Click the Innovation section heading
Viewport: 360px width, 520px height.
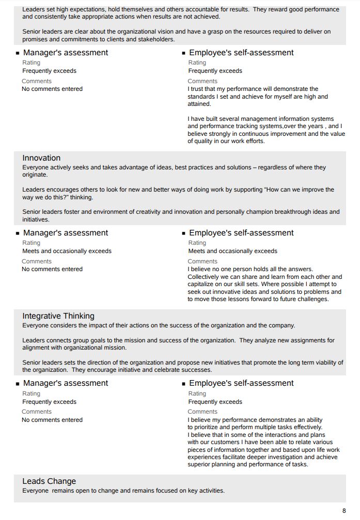pos(41,158)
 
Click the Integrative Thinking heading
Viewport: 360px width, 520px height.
pos(58,316)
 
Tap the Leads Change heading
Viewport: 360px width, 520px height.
pos(49,481)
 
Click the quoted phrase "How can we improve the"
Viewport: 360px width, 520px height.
pos(299,190)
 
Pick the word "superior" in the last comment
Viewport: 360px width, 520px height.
pos(200,464)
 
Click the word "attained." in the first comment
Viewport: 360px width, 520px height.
pos(199,104)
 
